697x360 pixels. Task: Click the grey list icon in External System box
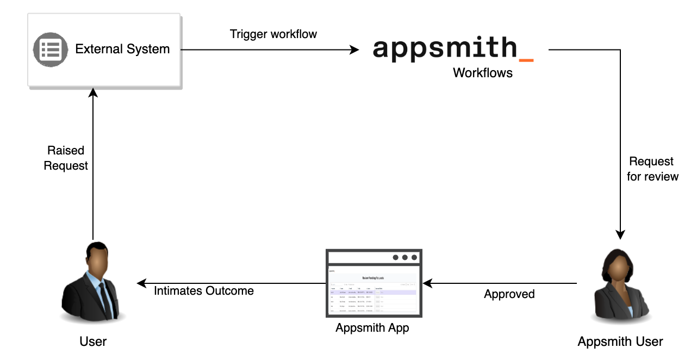(50, 49)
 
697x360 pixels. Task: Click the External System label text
(122, 49)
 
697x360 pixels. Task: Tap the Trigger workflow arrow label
(273, 34)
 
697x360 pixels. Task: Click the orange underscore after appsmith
(526, 59)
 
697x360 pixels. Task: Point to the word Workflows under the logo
(483, 73)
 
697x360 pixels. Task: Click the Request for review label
(652, 169)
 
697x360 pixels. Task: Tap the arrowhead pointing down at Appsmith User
(620, 235)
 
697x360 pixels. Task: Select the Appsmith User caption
(620, 342)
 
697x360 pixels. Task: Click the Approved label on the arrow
(509, 294)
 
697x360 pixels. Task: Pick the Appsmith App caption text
(372, 328)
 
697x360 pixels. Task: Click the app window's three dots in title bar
(404, 257)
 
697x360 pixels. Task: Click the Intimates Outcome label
(204, 291)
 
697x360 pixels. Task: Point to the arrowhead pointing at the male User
(141, 283)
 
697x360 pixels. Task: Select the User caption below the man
(93, 342)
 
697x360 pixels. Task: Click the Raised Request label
(66, 158)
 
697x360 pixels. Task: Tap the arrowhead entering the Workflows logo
(354, 49)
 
